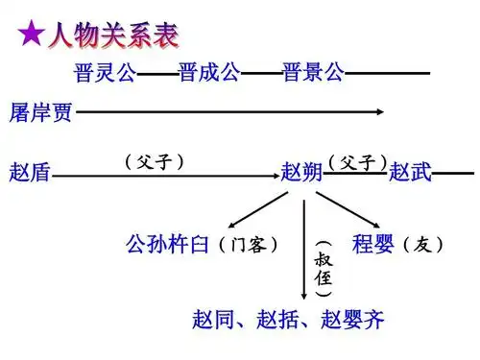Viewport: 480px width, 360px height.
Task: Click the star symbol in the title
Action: pyautogui.click(x=31, y=37)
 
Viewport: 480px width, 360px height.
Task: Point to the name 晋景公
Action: pyautogui.click(x=314, y=73)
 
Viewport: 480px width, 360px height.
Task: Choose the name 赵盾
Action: pyautogui.click(x=30, y=174)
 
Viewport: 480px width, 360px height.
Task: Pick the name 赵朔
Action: pyautogui.click(x=301, y=174)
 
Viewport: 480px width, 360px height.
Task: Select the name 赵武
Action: pyautogui.click(x=410, y=174)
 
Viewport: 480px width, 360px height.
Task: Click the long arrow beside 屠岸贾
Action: pyautogui.click(x=230, y=113)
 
